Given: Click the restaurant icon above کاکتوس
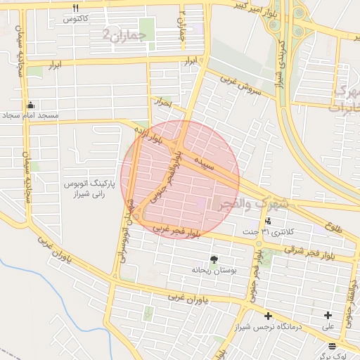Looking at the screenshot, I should (x=75, y=8).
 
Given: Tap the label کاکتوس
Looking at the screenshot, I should (x=75, y=19).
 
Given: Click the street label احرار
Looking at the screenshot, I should (x=165, y=103).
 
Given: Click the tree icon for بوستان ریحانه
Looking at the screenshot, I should (x=214, y=259).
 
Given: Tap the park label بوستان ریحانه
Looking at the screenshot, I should (x=212, y=269).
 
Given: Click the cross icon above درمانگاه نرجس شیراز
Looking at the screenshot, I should (x=268, y=316).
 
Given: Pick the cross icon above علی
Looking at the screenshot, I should (x=328, y=316).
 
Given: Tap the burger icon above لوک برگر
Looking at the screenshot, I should (x=331, y=346).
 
